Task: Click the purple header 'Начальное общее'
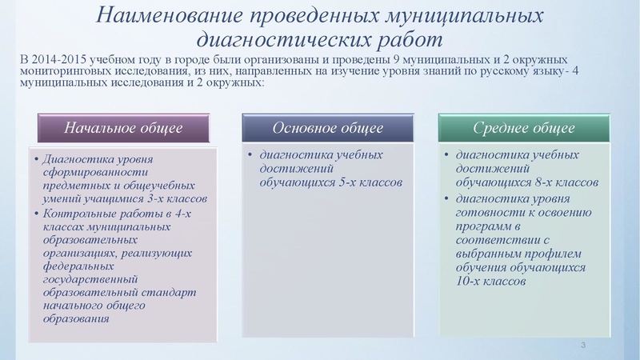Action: (x=123, y=128)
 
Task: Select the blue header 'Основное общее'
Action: (x=327, y=128)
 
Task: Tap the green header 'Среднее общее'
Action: (x=524, y=128)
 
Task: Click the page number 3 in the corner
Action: (x=584, y=345)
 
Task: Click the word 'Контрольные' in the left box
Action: (x=78, y=213)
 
